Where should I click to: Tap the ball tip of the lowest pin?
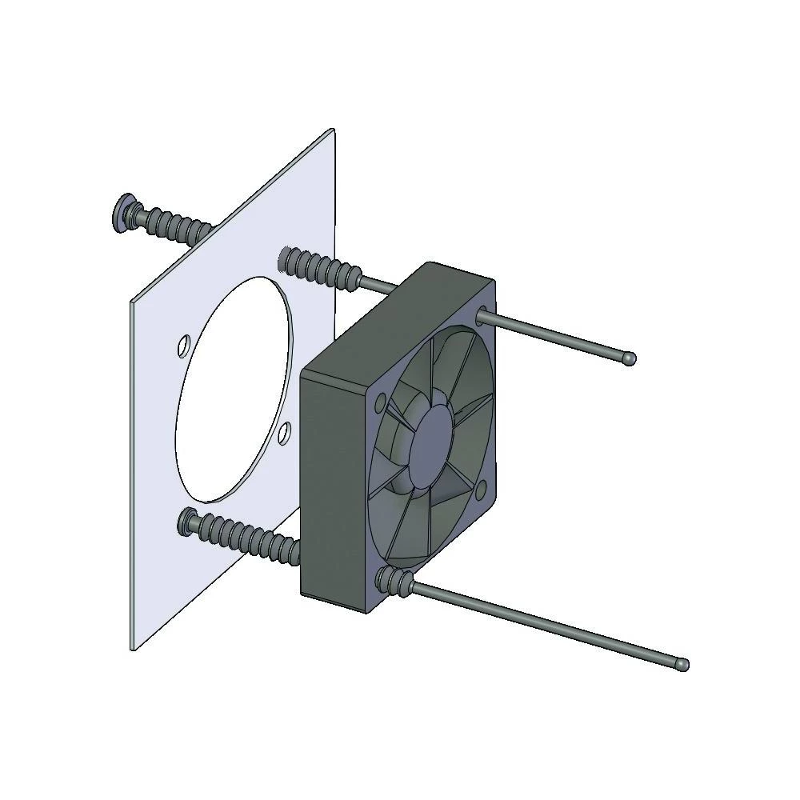pos(682,663)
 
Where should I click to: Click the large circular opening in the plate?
pos(232,384)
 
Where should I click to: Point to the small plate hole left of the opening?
pos(183,347)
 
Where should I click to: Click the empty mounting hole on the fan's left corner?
pos(380,401)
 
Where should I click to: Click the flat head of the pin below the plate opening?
pos(188,522)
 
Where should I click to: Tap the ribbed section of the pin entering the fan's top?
pos(320,268)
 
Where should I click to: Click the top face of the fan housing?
pos(400,320)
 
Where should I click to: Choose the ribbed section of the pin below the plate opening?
pos(248,538)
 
